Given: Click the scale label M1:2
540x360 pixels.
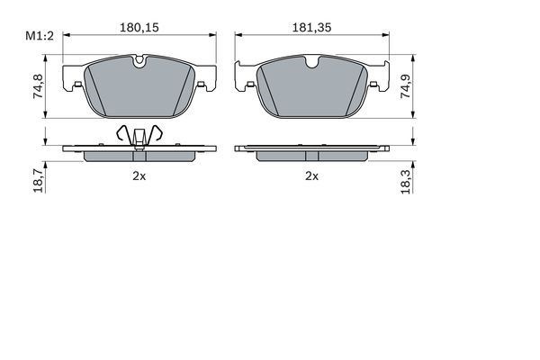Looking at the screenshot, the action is (40, 36).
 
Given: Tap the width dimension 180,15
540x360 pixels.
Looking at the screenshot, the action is (139, 28).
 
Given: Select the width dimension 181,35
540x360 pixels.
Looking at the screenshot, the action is (311, 28).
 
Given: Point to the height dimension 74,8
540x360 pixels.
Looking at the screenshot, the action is (38, 86).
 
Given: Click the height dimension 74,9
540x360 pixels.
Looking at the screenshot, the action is (406, 86).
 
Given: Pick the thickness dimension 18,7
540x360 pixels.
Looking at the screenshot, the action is (38, 180).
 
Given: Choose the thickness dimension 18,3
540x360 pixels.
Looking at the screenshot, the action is (406, 181).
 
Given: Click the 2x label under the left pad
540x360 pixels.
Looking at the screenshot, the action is (139, 176).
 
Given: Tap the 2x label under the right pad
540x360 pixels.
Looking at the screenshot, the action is (311, 176).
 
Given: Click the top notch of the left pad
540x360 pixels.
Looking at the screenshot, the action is (139, 61).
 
